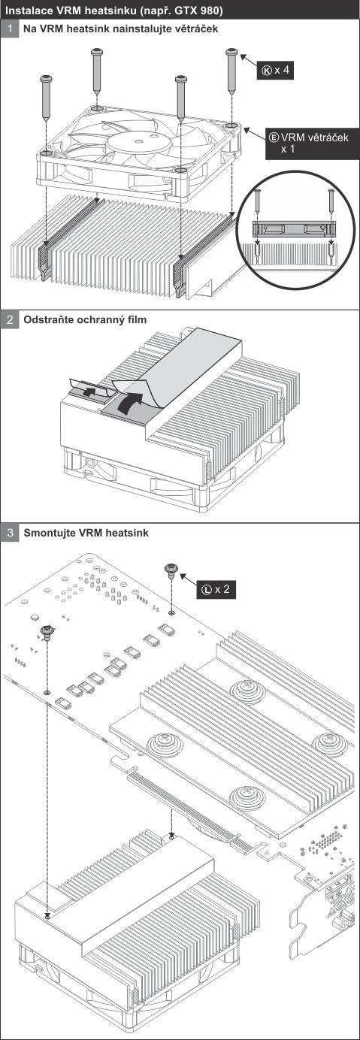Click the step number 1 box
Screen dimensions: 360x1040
(x=10, y=29)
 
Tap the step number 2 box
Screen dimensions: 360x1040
(x=10, y=320)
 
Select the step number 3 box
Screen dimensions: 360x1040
(x=10, y=533)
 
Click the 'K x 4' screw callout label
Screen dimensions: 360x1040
(x=276, y=70)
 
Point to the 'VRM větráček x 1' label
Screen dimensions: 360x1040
(x=312, y=144)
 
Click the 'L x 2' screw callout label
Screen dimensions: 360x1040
(x=216, y=589)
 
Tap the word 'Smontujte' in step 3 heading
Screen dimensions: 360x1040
(x=47, y=533)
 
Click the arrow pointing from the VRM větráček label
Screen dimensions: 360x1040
(x=256, y=134)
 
